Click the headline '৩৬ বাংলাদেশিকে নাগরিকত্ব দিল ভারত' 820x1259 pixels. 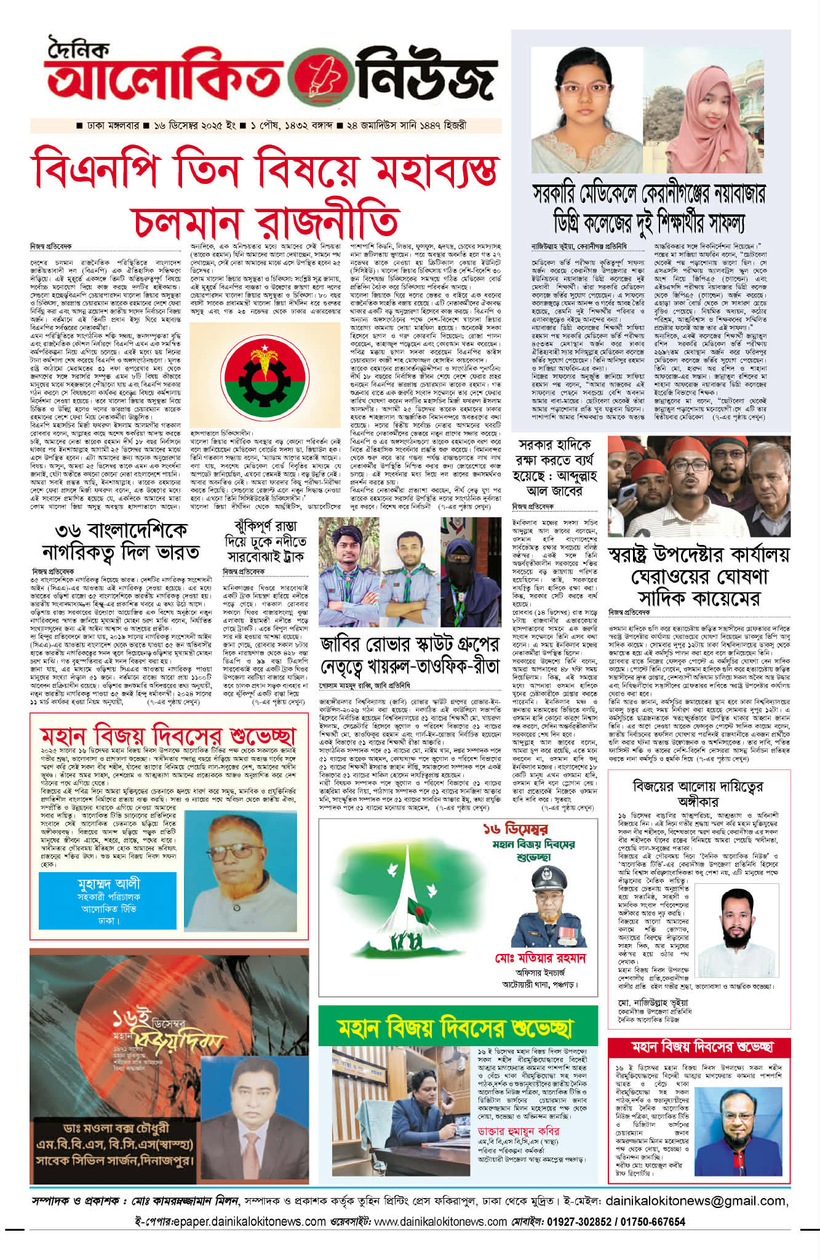(x=120, y=541)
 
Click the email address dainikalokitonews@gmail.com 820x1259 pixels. (x=696, y=1200)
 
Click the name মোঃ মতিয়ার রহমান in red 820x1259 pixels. (x=540, y=958)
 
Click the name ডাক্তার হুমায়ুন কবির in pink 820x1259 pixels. (x=519, y=1131)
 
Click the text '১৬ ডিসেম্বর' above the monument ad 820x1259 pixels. (x=515, y=829)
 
